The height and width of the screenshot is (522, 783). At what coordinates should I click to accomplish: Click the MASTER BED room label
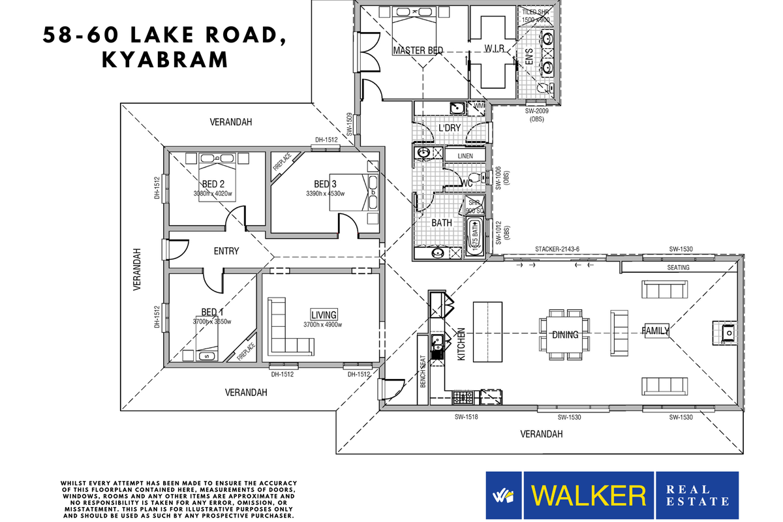coord(418,50)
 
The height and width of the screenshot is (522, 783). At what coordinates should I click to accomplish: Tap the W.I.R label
coord(494,50)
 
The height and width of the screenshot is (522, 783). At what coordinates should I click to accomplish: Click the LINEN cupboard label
coord(465,157)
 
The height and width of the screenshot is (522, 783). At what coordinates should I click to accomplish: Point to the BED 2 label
coord(213,184)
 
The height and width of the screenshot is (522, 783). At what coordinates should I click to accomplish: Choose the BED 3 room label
coord(325,184)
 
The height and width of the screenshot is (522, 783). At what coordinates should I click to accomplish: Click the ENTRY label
coord(226,251)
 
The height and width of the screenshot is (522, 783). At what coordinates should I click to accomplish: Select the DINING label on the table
coord(565,335)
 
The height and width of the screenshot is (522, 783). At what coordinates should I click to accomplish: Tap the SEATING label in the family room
coord(678,268)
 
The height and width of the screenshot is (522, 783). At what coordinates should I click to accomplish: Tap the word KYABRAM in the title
coord(164,59)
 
